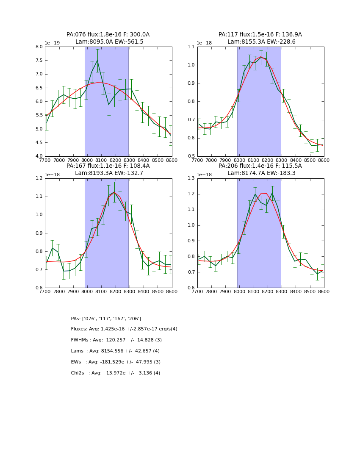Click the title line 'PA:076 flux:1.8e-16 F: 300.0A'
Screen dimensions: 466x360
click(108, 35)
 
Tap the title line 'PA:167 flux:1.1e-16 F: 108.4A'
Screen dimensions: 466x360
click(108, 166)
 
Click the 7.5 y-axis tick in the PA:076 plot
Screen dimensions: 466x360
click(39, 61)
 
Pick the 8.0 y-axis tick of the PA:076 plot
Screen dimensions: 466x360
click(39, 47)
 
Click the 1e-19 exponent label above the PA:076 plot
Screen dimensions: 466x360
click(52, 43)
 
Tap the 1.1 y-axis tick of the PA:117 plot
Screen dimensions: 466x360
click(191, 47)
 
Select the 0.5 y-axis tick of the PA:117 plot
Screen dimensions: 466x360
click(191, 156)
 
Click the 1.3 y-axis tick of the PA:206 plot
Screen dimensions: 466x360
click(191, 178)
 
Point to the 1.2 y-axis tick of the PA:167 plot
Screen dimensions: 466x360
click(39, 178)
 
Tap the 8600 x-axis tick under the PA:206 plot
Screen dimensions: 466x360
click(324, 292)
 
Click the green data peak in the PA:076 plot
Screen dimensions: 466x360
click(97, 60)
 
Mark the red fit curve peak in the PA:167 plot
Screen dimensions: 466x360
click(114, 192)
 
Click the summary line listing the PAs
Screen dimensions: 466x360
click(106, 319)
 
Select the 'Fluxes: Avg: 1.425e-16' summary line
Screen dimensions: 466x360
click(124, 329)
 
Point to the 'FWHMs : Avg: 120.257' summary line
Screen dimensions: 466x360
click(116, 340)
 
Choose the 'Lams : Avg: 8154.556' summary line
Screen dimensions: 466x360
click(115, 351)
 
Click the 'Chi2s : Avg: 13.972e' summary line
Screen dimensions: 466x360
click(115, 373)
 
